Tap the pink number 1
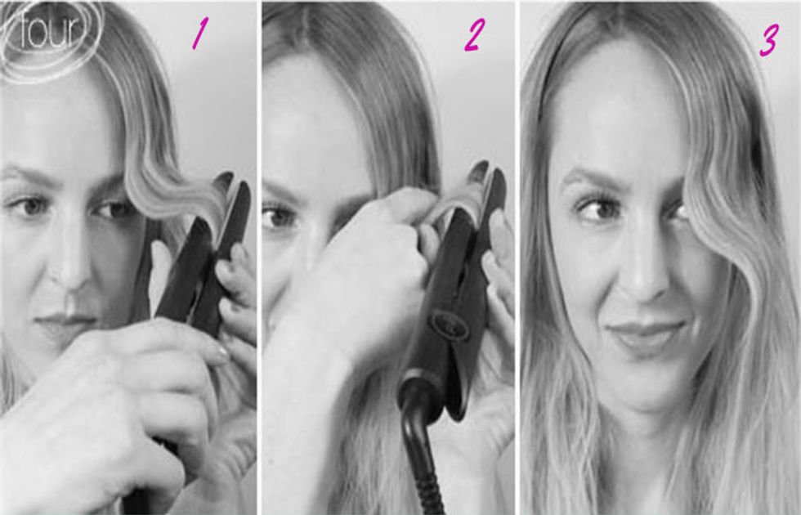(x=198, y=34)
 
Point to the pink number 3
(x=768, y=41)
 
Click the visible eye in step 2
(x=278, y=217)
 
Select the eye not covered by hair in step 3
(x=599, y=209)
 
